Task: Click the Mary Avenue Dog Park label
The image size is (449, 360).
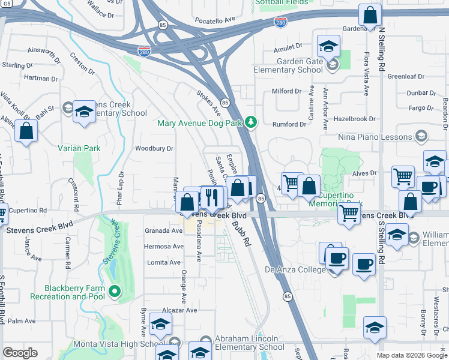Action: tap(199, 124)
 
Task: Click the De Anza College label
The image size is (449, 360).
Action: tap(296, 269)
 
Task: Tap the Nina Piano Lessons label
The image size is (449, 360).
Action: tap(376, 137)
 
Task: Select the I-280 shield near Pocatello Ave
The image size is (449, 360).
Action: tap(280, 23)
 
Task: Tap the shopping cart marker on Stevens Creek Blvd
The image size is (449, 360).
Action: tap(349, 212)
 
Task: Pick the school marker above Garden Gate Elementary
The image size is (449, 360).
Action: tap(328, 46)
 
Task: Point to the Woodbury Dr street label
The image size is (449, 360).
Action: tap(154, 148)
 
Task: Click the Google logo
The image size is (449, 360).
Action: tap(20, 353)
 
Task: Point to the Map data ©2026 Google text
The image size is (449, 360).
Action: tap(412, 355)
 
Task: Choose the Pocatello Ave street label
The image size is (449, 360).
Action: tap(215, 20)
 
